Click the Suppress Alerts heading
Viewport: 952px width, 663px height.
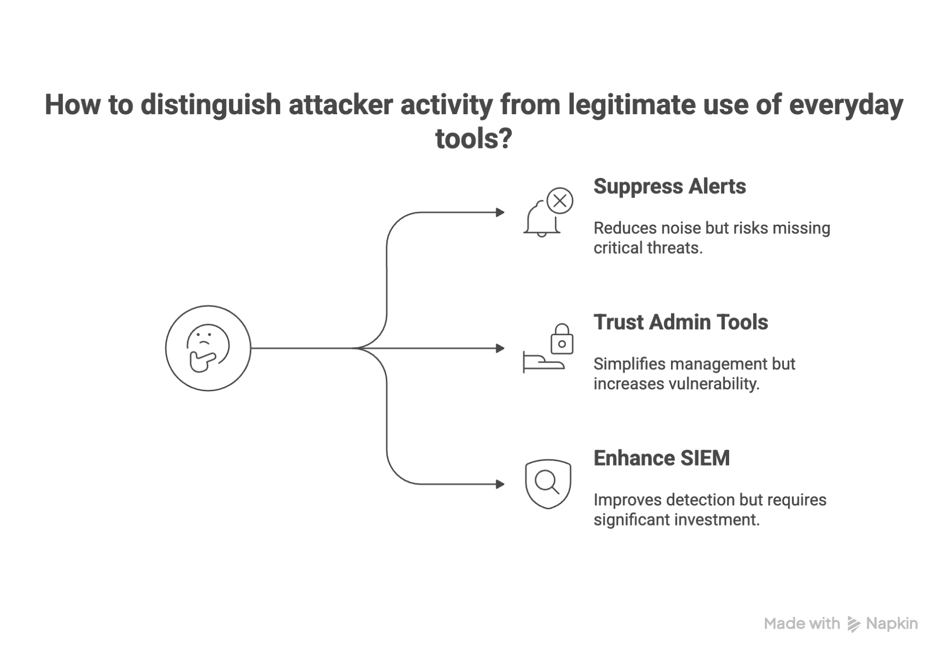point(669,187)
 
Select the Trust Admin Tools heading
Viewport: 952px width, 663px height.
point(680,322)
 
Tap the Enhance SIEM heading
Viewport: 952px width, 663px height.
point(661,458)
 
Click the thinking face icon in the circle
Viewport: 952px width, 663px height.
point(208,348)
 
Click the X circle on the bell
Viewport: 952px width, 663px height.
point(560,200)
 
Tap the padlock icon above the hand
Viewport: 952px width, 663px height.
point(562,339)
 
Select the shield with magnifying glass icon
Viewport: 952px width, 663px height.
point(548,484)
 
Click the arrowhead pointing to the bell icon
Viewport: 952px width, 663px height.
point(500,212)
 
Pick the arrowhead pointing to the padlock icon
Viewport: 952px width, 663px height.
point(500,348)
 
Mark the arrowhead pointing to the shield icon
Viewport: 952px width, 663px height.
point(500,484)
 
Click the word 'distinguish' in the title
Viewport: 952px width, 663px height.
point(210,105)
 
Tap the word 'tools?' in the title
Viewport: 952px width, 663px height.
point(473,139)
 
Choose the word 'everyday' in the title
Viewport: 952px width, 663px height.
point(845,105)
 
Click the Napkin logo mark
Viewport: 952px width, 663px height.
point(853,624)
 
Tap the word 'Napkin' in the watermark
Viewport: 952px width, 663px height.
point(892,623)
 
